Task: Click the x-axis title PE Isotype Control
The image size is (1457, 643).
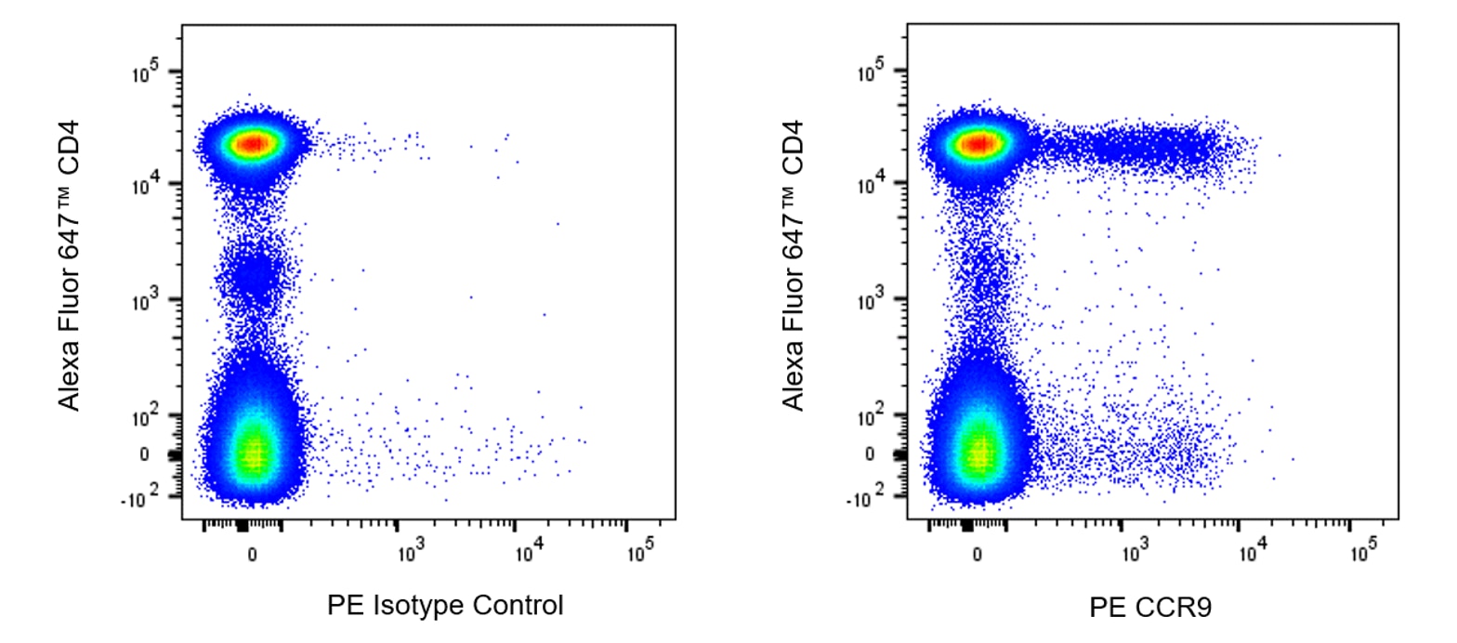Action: click(x=445, y=606)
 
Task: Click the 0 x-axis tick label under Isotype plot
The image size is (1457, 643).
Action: click(x=252, y=555)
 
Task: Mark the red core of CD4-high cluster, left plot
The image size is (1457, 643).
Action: click(x=253, y=143)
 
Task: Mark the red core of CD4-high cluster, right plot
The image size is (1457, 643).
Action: click(x=978, y=143)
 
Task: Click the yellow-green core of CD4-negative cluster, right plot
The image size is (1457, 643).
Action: click(x=978, y=453)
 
